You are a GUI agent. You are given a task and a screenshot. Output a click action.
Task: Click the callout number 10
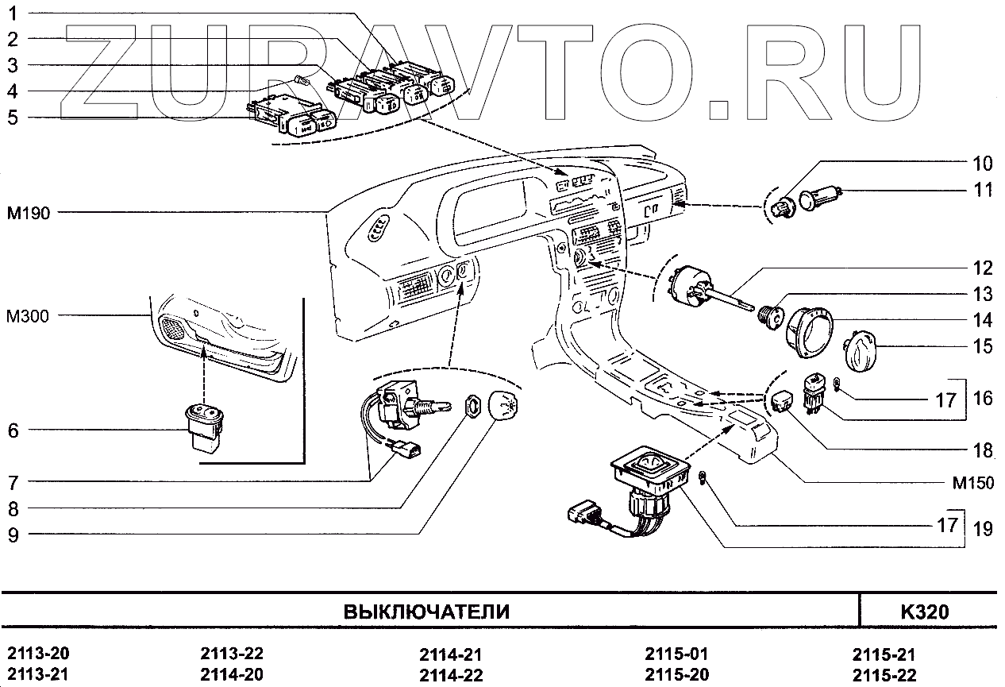(x=982, y=164)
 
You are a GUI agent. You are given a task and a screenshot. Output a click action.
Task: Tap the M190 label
(x=29, y=213)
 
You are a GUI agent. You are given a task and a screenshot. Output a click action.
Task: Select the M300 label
(x=27, y=316)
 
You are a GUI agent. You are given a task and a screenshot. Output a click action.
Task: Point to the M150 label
(x=972, y=483)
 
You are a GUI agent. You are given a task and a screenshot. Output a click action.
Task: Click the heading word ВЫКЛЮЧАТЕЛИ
(x=426, y=612)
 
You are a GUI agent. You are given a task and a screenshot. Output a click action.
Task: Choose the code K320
(x=925, y=612)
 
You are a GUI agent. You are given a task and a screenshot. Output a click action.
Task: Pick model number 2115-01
(x=676, y=654)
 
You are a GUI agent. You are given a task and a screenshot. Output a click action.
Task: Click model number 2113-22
(x=232, y=654)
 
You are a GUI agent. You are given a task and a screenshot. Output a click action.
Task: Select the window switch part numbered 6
(x=204, y=427)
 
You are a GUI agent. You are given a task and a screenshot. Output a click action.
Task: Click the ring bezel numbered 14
(x=809, y=333)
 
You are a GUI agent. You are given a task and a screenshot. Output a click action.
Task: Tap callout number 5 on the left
(x=13, y=118)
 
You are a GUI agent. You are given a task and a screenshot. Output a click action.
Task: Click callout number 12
(x=983, y=268)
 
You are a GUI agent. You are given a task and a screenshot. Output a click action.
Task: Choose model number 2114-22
(x=451, y=675)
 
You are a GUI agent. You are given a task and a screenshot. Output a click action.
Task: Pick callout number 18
(x=983, y=450)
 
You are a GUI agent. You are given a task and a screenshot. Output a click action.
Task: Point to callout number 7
(x=13, y=483)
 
